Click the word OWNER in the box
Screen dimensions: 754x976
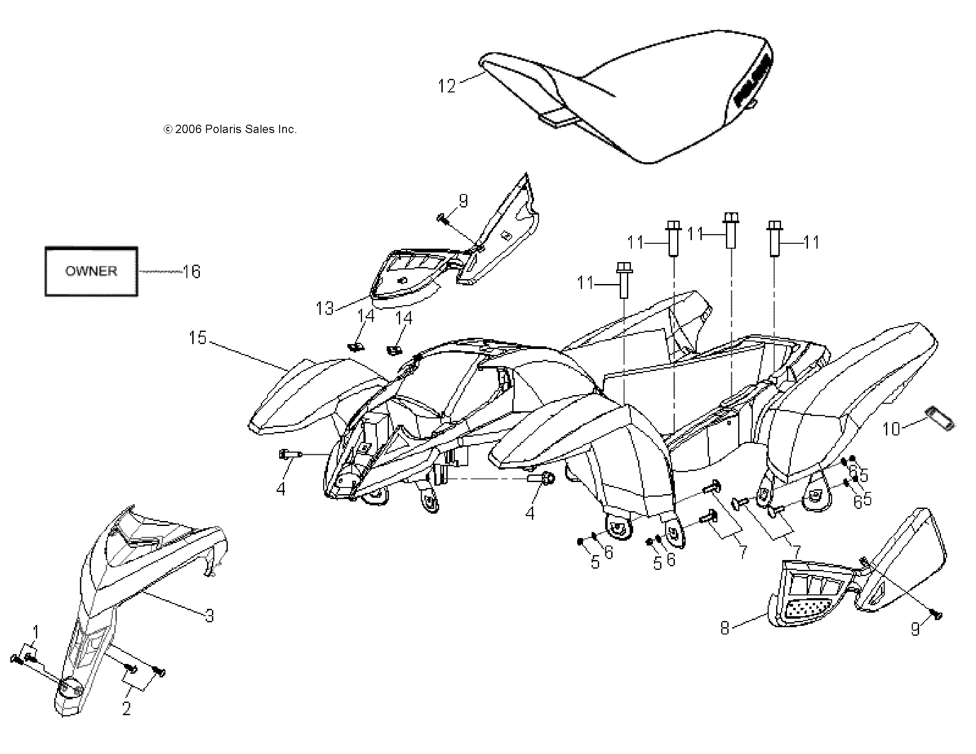(91, 271)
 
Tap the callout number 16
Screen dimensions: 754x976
(191, 271)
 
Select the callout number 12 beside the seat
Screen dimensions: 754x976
(446, 86)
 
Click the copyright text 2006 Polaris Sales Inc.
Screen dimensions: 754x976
(230, 129)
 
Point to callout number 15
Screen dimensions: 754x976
(198, 338)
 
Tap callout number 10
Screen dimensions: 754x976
(891, 429)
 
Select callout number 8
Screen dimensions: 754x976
(725, 628)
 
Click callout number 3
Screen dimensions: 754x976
(209, 616)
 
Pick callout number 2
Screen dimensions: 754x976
(126, 708)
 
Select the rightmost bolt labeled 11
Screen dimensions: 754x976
(775, 239)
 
